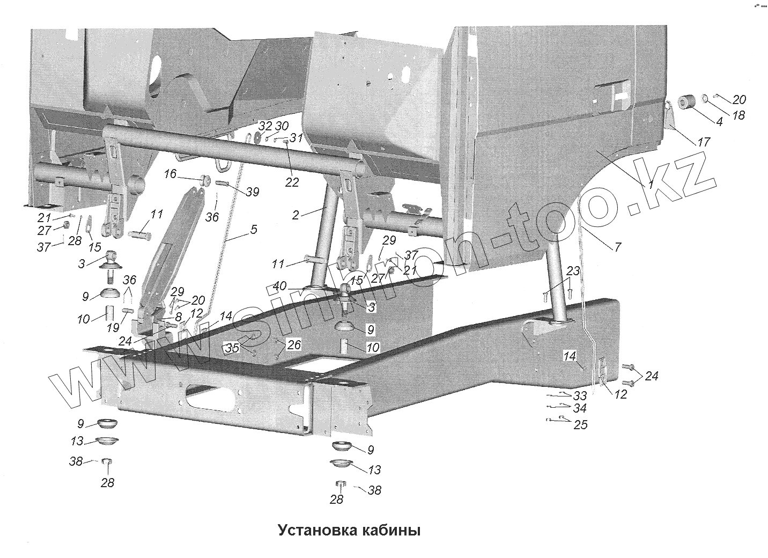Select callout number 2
click(x=296, y=215)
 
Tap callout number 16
click(x=169, y=174)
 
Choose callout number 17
click(x=703, y=142)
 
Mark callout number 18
click(x=739, y=115)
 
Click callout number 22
click(x=292, y=182)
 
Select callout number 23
click(x=573, y=271)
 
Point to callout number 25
click(x=580, y=425)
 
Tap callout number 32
click(x=265, y=127)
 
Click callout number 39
click(x=252, y=193)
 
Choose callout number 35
click(x=232, y=348)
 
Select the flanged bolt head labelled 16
click(x=204, y=180)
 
